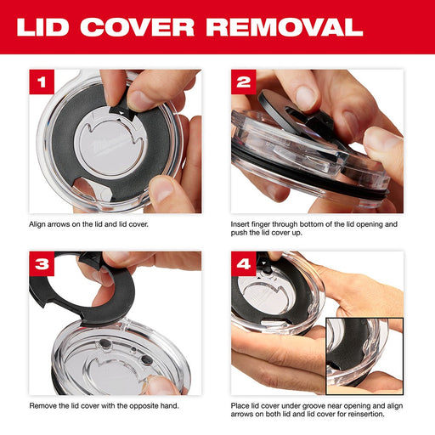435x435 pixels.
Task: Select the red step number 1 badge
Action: coord(42,82)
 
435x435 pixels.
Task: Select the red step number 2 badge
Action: coord(244,82)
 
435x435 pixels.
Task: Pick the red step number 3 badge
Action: coord(42,263)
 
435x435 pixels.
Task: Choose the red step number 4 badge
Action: coord(244,263)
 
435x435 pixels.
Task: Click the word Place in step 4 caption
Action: coord(240,404)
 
